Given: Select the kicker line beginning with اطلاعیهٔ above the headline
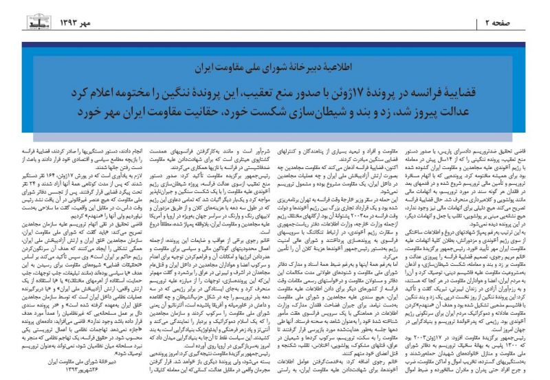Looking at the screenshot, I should (276, 69).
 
